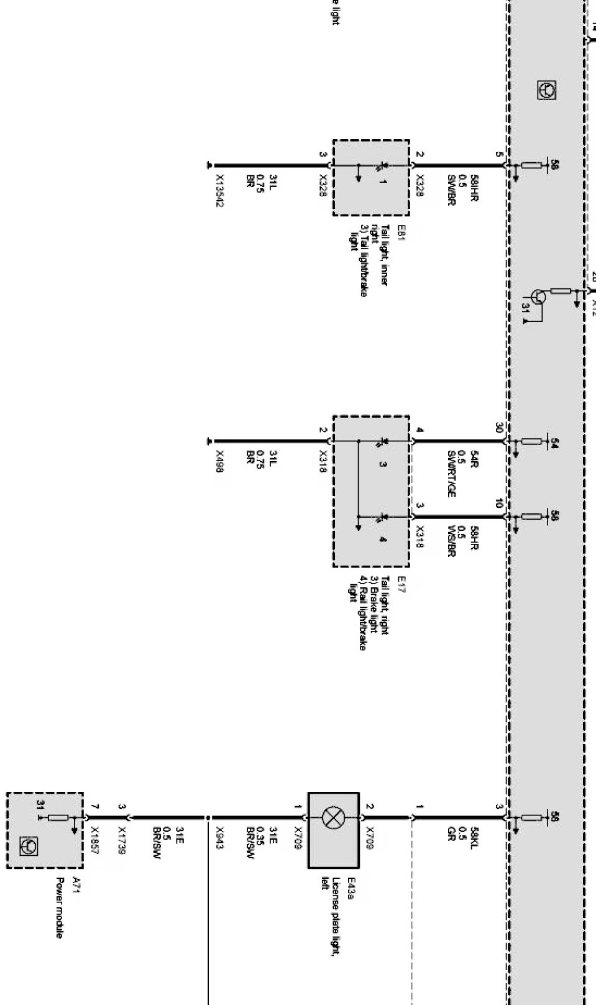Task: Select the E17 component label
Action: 401,585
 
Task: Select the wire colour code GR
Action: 452,833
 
